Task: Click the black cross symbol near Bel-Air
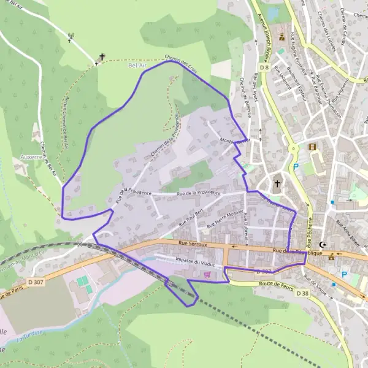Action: (102, 57)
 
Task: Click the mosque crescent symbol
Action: (323, 244)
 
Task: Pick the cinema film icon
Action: (313, 147)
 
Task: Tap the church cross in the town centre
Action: (277, 183)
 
